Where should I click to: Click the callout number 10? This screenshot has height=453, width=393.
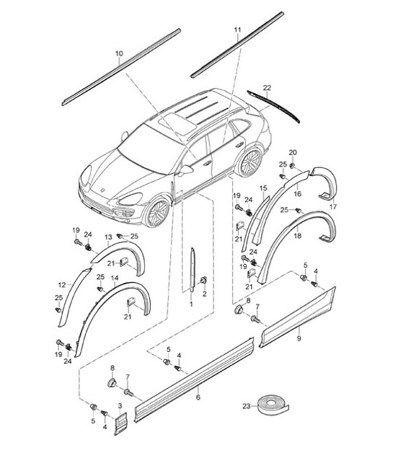(119, 53)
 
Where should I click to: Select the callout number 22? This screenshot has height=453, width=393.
(267, 88)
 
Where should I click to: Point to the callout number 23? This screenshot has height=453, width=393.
(246, 406)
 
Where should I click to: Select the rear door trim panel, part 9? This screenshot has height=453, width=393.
(297, 320)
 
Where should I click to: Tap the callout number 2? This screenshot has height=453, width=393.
(203, 294)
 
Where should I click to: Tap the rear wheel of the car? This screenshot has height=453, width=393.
(250, 164)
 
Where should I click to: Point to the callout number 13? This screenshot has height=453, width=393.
(108, 237)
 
